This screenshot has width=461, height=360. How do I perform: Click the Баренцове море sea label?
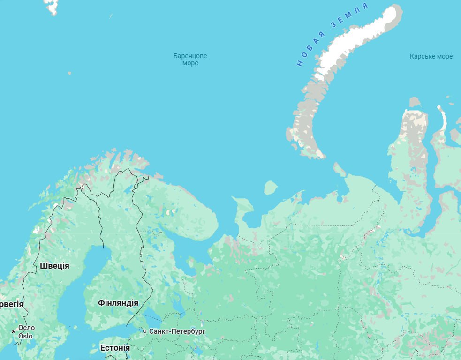pos(190,60)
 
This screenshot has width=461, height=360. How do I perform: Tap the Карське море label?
pos(431,56)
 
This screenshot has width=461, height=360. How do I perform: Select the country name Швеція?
pos(54,266)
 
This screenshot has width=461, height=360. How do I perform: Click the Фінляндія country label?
pos(118,303)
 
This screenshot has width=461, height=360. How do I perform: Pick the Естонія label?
pos(115,348)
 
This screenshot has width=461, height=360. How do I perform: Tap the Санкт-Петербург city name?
pos(177,331)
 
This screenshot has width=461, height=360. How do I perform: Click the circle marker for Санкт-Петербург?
pos(145,331)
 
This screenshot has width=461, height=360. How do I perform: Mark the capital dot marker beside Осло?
pos(14,331)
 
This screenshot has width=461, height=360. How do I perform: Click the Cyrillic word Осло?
pos(26,328)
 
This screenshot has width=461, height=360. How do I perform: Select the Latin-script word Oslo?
pos(25,336)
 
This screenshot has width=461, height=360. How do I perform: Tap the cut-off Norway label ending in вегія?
pos(11,304)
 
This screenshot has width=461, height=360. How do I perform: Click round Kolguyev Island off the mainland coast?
pos(271,188)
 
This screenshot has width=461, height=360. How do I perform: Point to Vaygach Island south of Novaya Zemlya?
pos(339,170)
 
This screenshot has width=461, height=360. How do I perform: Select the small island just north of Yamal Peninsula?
pos(414,102)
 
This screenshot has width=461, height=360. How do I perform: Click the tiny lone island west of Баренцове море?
pos(69,73)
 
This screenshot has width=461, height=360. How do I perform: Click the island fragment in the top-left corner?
pos(52,6)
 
